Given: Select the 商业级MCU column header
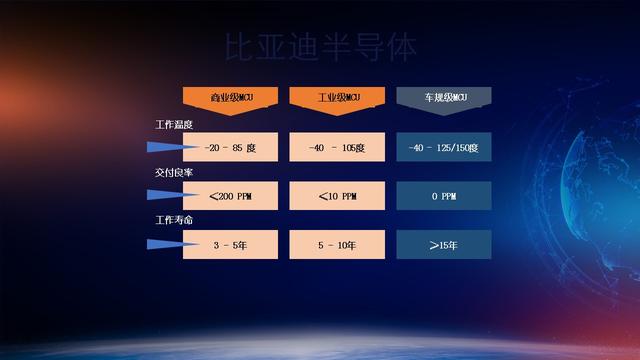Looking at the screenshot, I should tap(230, 98).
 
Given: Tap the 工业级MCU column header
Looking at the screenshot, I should tap(337, 98).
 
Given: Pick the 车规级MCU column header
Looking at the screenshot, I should tap(443, 98).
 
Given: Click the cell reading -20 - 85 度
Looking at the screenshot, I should tap(230, 148).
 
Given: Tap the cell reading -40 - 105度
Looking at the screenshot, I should tap(337, 148).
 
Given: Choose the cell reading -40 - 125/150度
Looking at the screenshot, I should tap(443, 148).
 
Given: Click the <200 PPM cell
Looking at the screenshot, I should tap(230, 196).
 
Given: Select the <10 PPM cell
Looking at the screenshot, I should tap(337, 196).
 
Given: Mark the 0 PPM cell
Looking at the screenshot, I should tap(443, 196).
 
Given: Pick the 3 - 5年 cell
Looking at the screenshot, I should tap(230, 244).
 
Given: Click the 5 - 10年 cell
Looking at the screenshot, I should tap(337, 244).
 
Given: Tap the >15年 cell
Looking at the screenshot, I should tap(443, 244).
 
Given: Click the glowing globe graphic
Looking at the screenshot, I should tap(600, 190).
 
